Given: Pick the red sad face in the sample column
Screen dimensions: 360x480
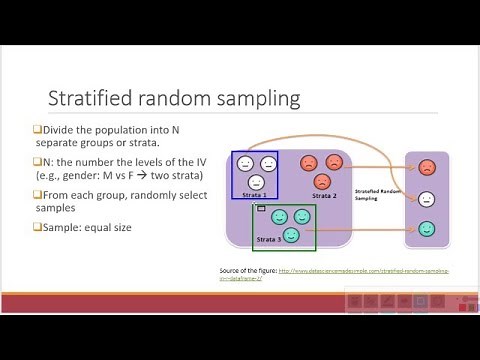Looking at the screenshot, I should [427, 167].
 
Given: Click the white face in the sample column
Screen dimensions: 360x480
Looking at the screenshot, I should [427, 198].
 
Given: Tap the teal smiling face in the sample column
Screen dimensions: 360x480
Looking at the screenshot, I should [427, 229].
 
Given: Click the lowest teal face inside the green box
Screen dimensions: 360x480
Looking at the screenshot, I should [290, 235].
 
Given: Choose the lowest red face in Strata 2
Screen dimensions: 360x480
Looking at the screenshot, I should [322, 181].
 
